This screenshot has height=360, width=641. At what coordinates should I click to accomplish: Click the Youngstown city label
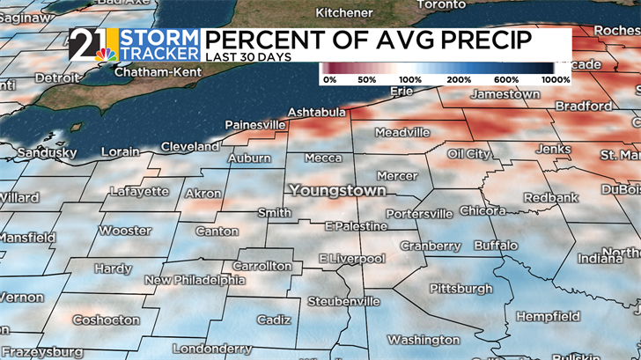click(x=338, y=190)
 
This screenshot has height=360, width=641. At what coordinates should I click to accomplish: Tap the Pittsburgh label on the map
click(x=460, y=289)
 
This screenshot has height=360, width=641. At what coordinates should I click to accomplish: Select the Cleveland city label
click(x=189, y=146)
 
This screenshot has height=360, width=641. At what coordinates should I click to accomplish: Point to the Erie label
click(x=401, y=91)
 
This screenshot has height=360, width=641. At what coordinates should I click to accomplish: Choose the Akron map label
click(x=203, y=194)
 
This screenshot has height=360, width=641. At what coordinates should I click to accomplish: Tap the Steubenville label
click(x=343, y=301)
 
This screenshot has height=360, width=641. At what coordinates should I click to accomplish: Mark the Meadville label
click(x=402, y=132)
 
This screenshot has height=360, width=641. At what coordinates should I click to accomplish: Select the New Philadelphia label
click(x=195, y=281)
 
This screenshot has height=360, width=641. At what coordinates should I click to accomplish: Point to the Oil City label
click(x=468, y=154)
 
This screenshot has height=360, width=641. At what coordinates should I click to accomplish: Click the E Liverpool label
click(x=351, y=259)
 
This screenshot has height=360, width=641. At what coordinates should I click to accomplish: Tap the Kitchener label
click(x=343, y=13)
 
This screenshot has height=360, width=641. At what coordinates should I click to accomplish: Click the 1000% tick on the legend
click(x=556, y=79)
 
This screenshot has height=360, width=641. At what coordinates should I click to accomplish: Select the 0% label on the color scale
click(x=331, y=79)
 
